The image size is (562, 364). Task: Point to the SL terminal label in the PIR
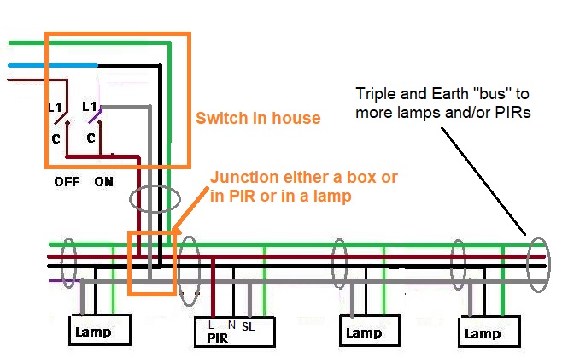click(x=249, y=326)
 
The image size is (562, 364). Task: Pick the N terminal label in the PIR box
click(x=231, y=326)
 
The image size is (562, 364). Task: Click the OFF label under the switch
click(x=67, y=182)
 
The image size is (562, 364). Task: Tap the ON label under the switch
click(x=104, y=182)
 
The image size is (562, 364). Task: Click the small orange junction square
click(x=150, y=263)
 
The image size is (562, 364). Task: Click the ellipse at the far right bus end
click(x=537, y=259)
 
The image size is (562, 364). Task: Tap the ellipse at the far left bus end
click(x=67, y=260)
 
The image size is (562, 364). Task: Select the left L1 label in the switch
click(x=55, y=108)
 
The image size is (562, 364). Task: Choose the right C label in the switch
click(x=91, y=138)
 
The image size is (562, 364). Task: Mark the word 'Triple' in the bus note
click(x=375, y=93)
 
